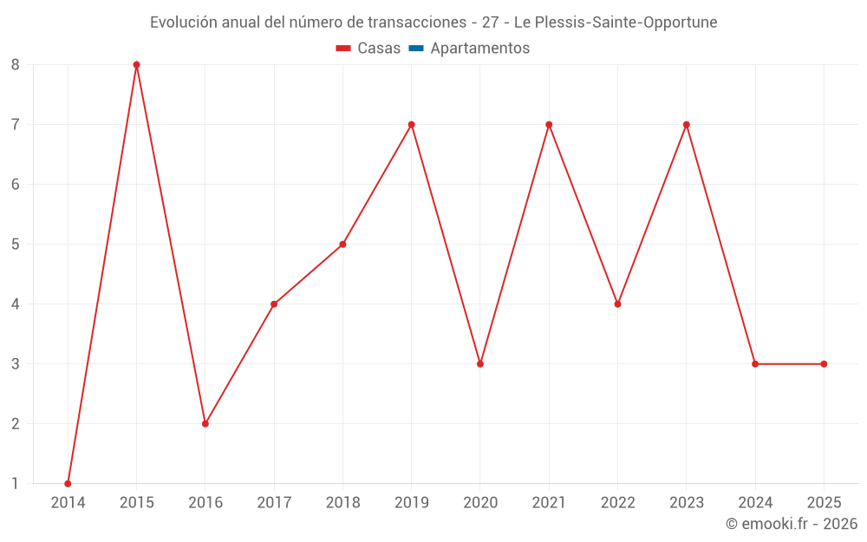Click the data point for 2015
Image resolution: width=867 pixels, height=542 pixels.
(x=136, y=64)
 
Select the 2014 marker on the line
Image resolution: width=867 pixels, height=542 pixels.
(x=68, y=483)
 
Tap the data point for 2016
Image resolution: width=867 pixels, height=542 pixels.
(x=205, y=423)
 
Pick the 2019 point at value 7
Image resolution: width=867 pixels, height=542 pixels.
(x=411, y=124)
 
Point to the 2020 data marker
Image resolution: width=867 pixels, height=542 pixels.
(x=480, y=363)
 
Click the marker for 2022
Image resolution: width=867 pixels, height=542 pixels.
(x=617, y=304)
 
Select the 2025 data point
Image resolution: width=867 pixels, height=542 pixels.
(x=824, y=363)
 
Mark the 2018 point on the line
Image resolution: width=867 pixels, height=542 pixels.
(x=342, y=244)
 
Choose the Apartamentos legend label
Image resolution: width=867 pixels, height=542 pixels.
(x=479, y=49)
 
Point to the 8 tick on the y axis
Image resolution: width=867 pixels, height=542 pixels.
(x=16, y=64)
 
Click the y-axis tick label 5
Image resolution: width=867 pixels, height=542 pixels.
(x=16, y=244)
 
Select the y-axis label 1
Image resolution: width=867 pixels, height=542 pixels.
(x=16, y=483)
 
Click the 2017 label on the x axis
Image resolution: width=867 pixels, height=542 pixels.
(x=274, y=502)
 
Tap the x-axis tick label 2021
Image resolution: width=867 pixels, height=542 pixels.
(x=549, y=502)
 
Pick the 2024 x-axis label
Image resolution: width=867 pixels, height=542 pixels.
(x=755, y=502)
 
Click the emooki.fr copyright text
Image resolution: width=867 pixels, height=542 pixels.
(x=792, y=524)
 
